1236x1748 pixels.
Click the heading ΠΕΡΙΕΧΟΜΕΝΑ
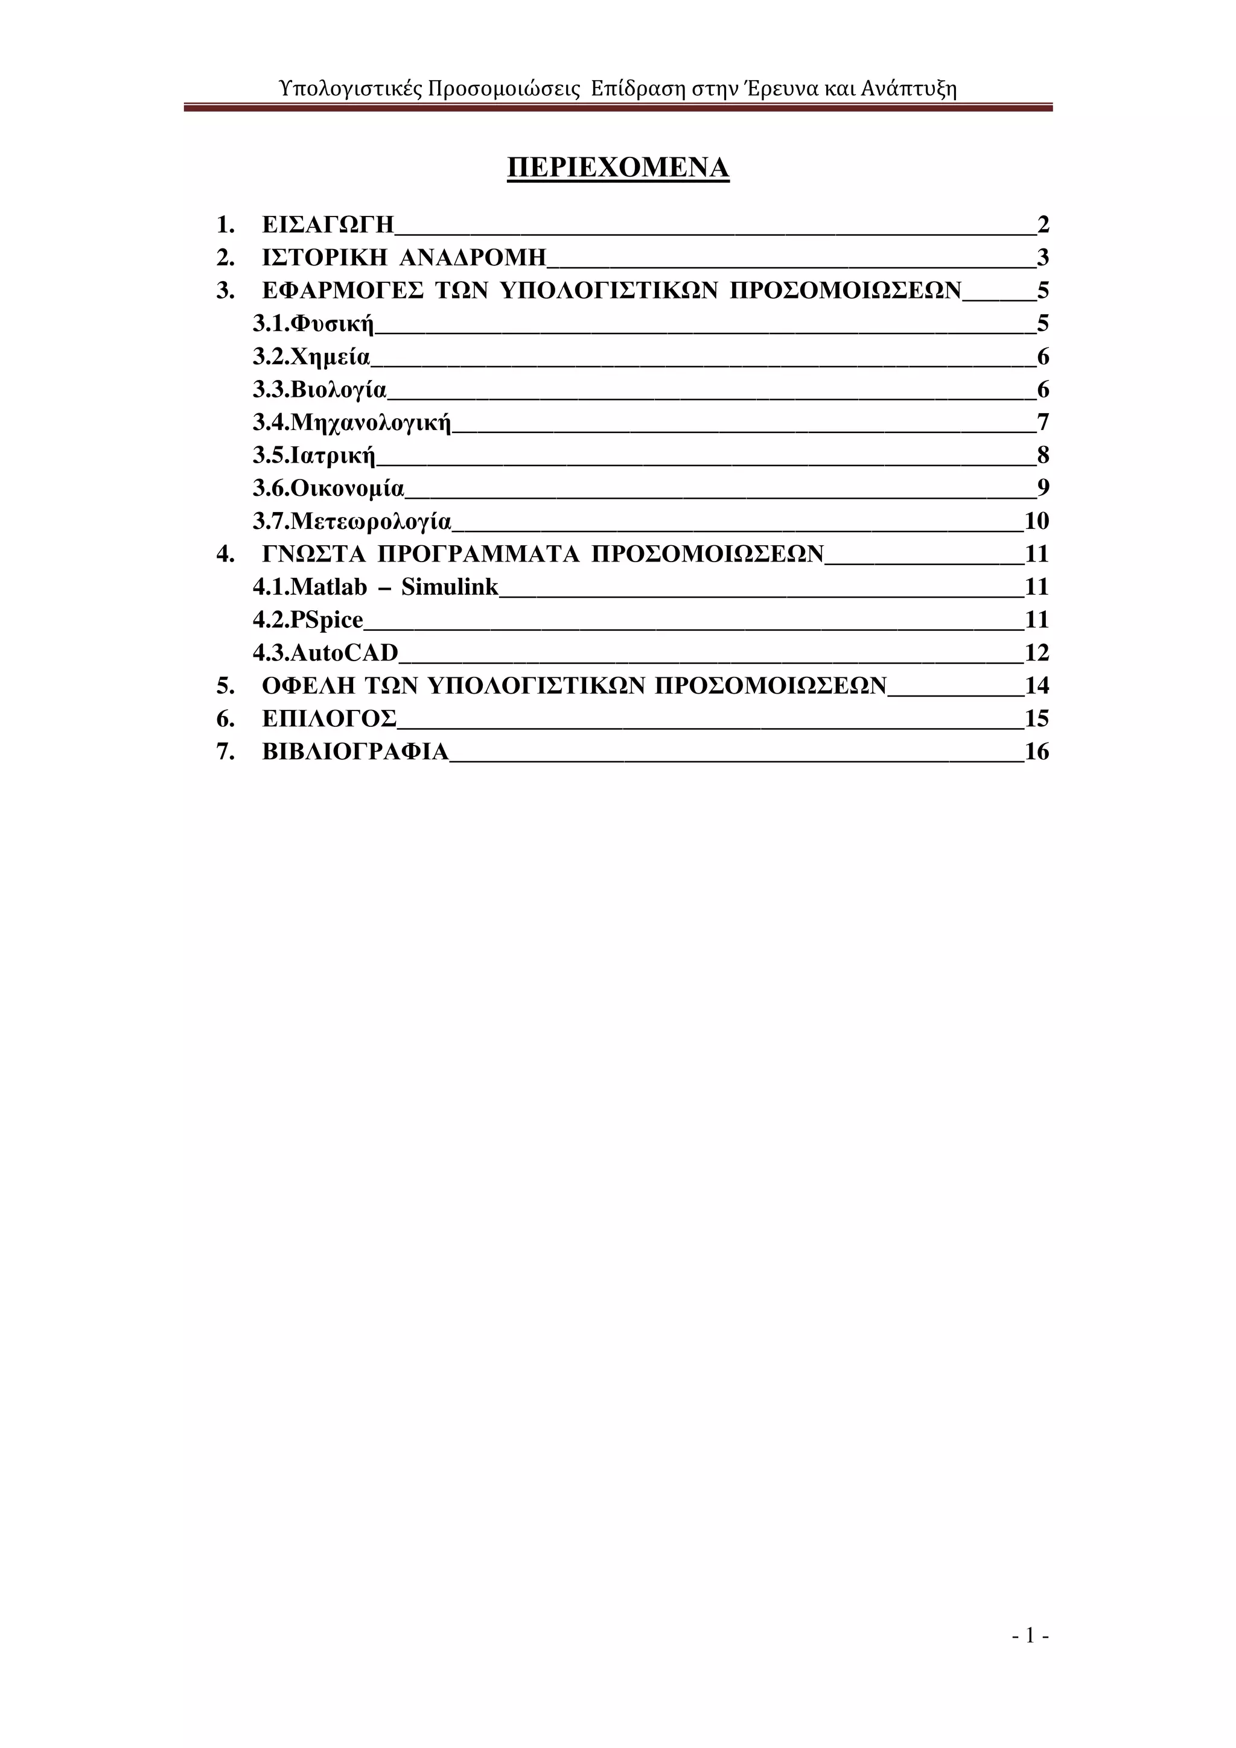point(617,168)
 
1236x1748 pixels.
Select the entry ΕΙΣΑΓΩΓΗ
point(328,224)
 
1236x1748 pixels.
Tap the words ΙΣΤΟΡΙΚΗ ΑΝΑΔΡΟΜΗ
point(404,258)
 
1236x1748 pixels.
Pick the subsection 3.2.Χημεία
point(311,356)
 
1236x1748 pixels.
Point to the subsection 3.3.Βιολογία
point(320,390)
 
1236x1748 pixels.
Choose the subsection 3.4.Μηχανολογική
point(352,423)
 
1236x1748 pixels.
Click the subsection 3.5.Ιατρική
point(314,455)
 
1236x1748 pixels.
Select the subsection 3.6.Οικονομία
point(328,488)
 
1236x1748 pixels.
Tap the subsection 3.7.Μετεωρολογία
point(352,522)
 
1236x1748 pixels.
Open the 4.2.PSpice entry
point(308,619)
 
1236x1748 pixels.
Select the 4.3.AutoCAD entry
point(325,653)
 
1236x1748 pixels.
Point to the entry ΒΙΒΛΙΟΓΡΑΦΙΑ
point(355,752)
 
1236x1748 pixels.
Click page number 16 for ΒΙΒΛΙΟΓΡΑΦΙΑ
point(1036,752)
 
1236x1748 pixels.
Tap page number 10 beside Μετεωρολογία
point(1036,522)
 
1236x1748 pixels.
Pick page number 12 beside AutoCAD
point(1036,653)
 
